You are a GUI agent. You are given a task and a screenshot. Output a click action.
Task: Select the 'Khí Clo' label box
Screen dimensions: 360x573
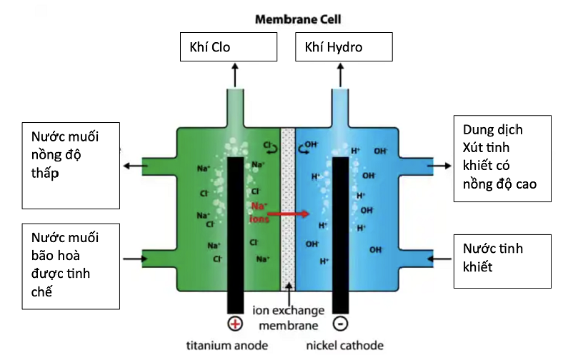click(228, 49)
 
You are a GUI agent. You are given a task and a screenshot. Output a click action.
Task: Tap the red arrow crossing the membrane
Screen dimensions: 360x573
click(289, 213)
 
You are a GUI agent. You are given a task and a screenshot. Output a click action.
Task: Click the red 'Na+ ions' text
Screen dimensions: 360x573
click(259, 212)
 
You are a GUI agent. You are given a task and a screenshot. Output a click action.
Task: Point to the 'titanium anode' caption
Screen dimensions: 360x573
click(227, 346)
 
